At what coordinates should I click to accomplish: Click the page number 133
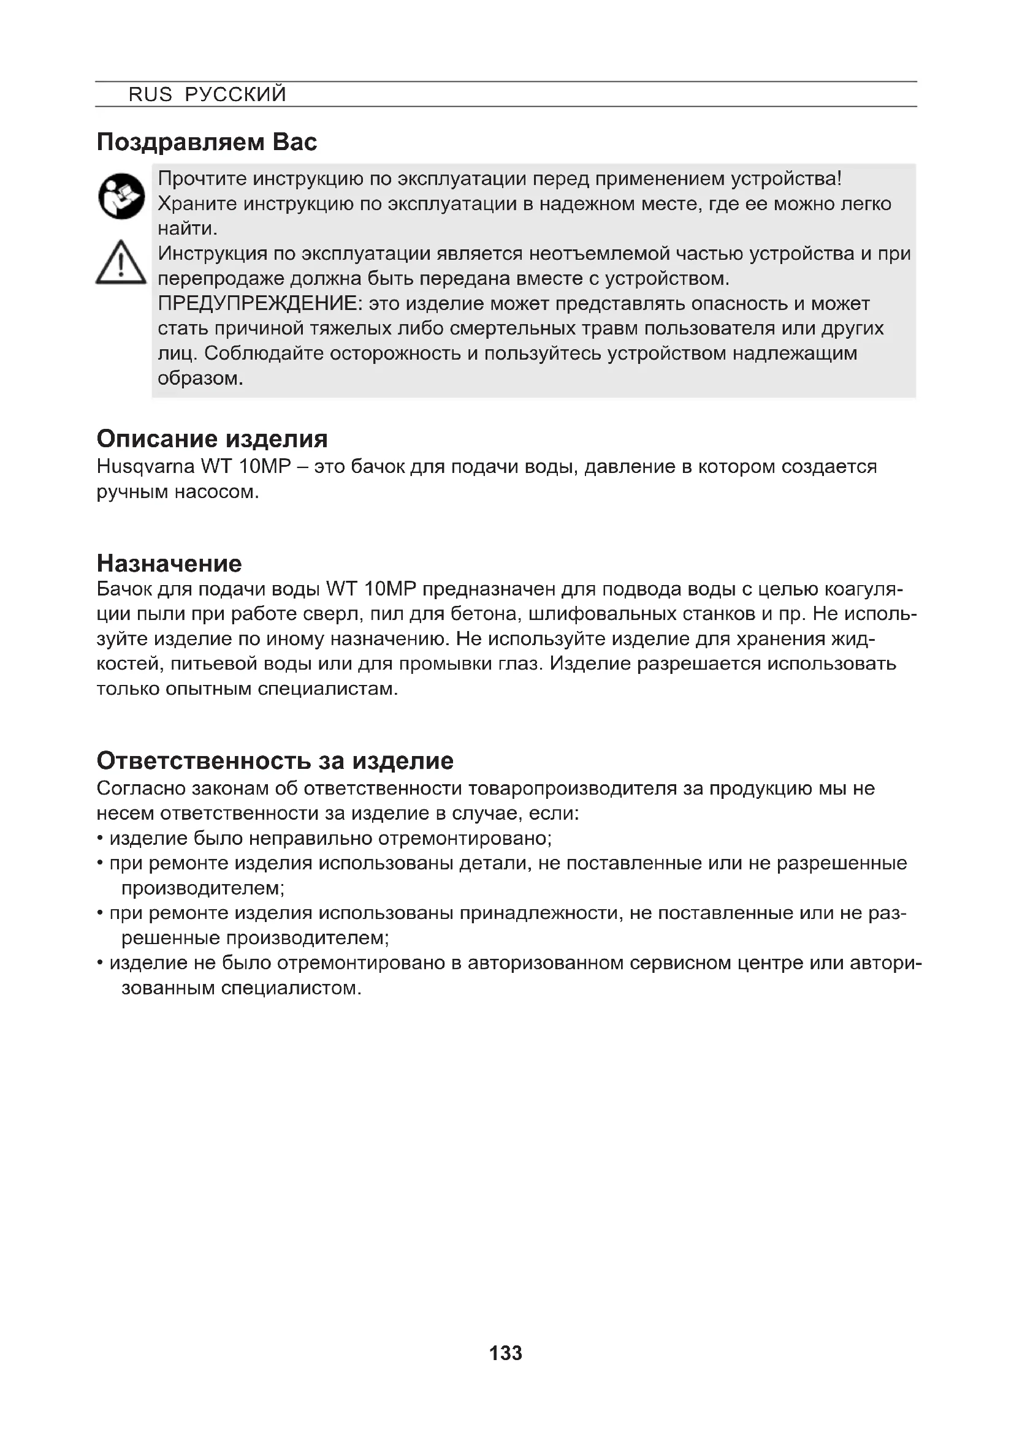[506, 1353]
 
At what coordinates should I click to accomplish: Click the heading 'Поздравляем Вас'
[207, 142]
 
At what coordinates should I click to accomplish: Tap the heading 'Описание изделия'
[212, 439]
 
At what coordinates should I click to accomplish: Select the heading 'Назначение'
[169, 564]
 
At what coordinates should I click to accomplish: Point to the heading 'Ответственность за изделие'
[275, 760]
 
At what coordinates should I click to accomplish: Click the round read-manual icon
[122, 196]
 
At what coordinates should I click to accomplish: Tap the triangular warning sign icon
[121, 264]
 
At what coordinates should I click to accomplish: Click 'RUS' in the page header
[150, 94]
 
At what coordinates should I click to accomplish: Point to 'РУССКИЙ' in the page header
[235, 94]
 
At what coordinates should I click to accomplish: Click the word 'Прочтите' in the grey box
[202, 179]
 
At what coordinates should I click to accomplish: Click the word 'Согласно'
[141, 788]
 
